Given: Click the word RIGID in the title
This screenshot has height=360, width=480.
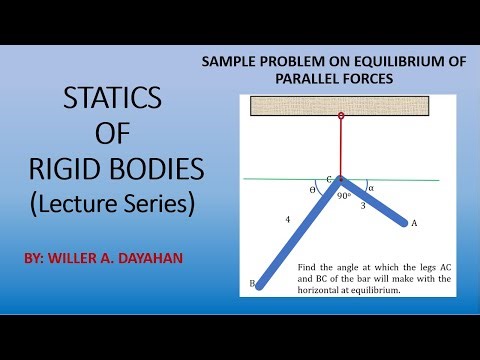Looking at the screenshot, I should pyautogui.click(x=70, y=166).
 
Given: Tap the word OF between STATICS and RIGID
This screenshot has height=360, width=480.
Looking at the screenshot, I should pyautogui.click(x=109, y=134).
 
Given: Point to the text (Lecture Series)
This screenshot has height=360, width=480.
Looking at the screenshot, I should pyautogui.click(x=109, y=203).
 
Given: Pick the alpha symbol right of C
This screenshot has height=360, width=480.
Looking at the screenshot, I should pyautogui.click(x=371, y=186).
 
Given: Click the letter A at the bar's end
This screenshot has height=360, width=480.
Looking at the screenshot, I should pyautogui.click(x=413, y=223).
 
